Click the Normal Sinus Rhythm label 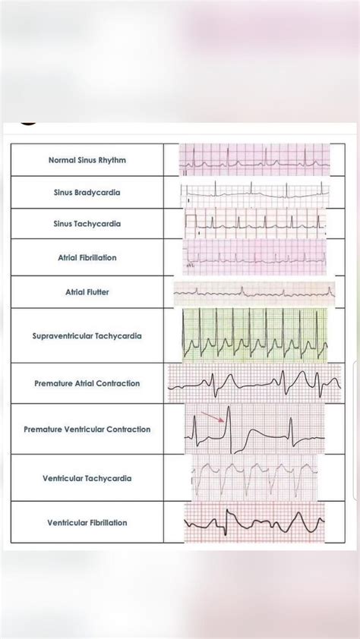87,161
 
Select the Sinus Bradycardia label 87,193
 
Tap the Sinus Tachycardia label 87,225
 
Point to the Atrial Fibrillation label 87,258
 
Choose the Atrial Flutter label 87,292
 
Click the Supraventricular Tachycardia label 87,335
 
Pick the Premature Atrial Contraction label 87,384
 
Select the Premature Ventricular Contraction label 87,430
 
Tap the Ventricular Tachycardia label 87,479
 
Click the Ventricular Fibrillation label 87,523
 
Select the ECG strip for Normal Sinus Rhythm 255,160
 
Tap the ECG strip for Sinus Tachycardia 254,224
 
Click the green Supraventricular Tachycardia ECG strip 254,335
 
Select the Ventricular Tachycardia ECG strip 254,477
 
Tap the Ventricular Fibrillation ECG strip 254,523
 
